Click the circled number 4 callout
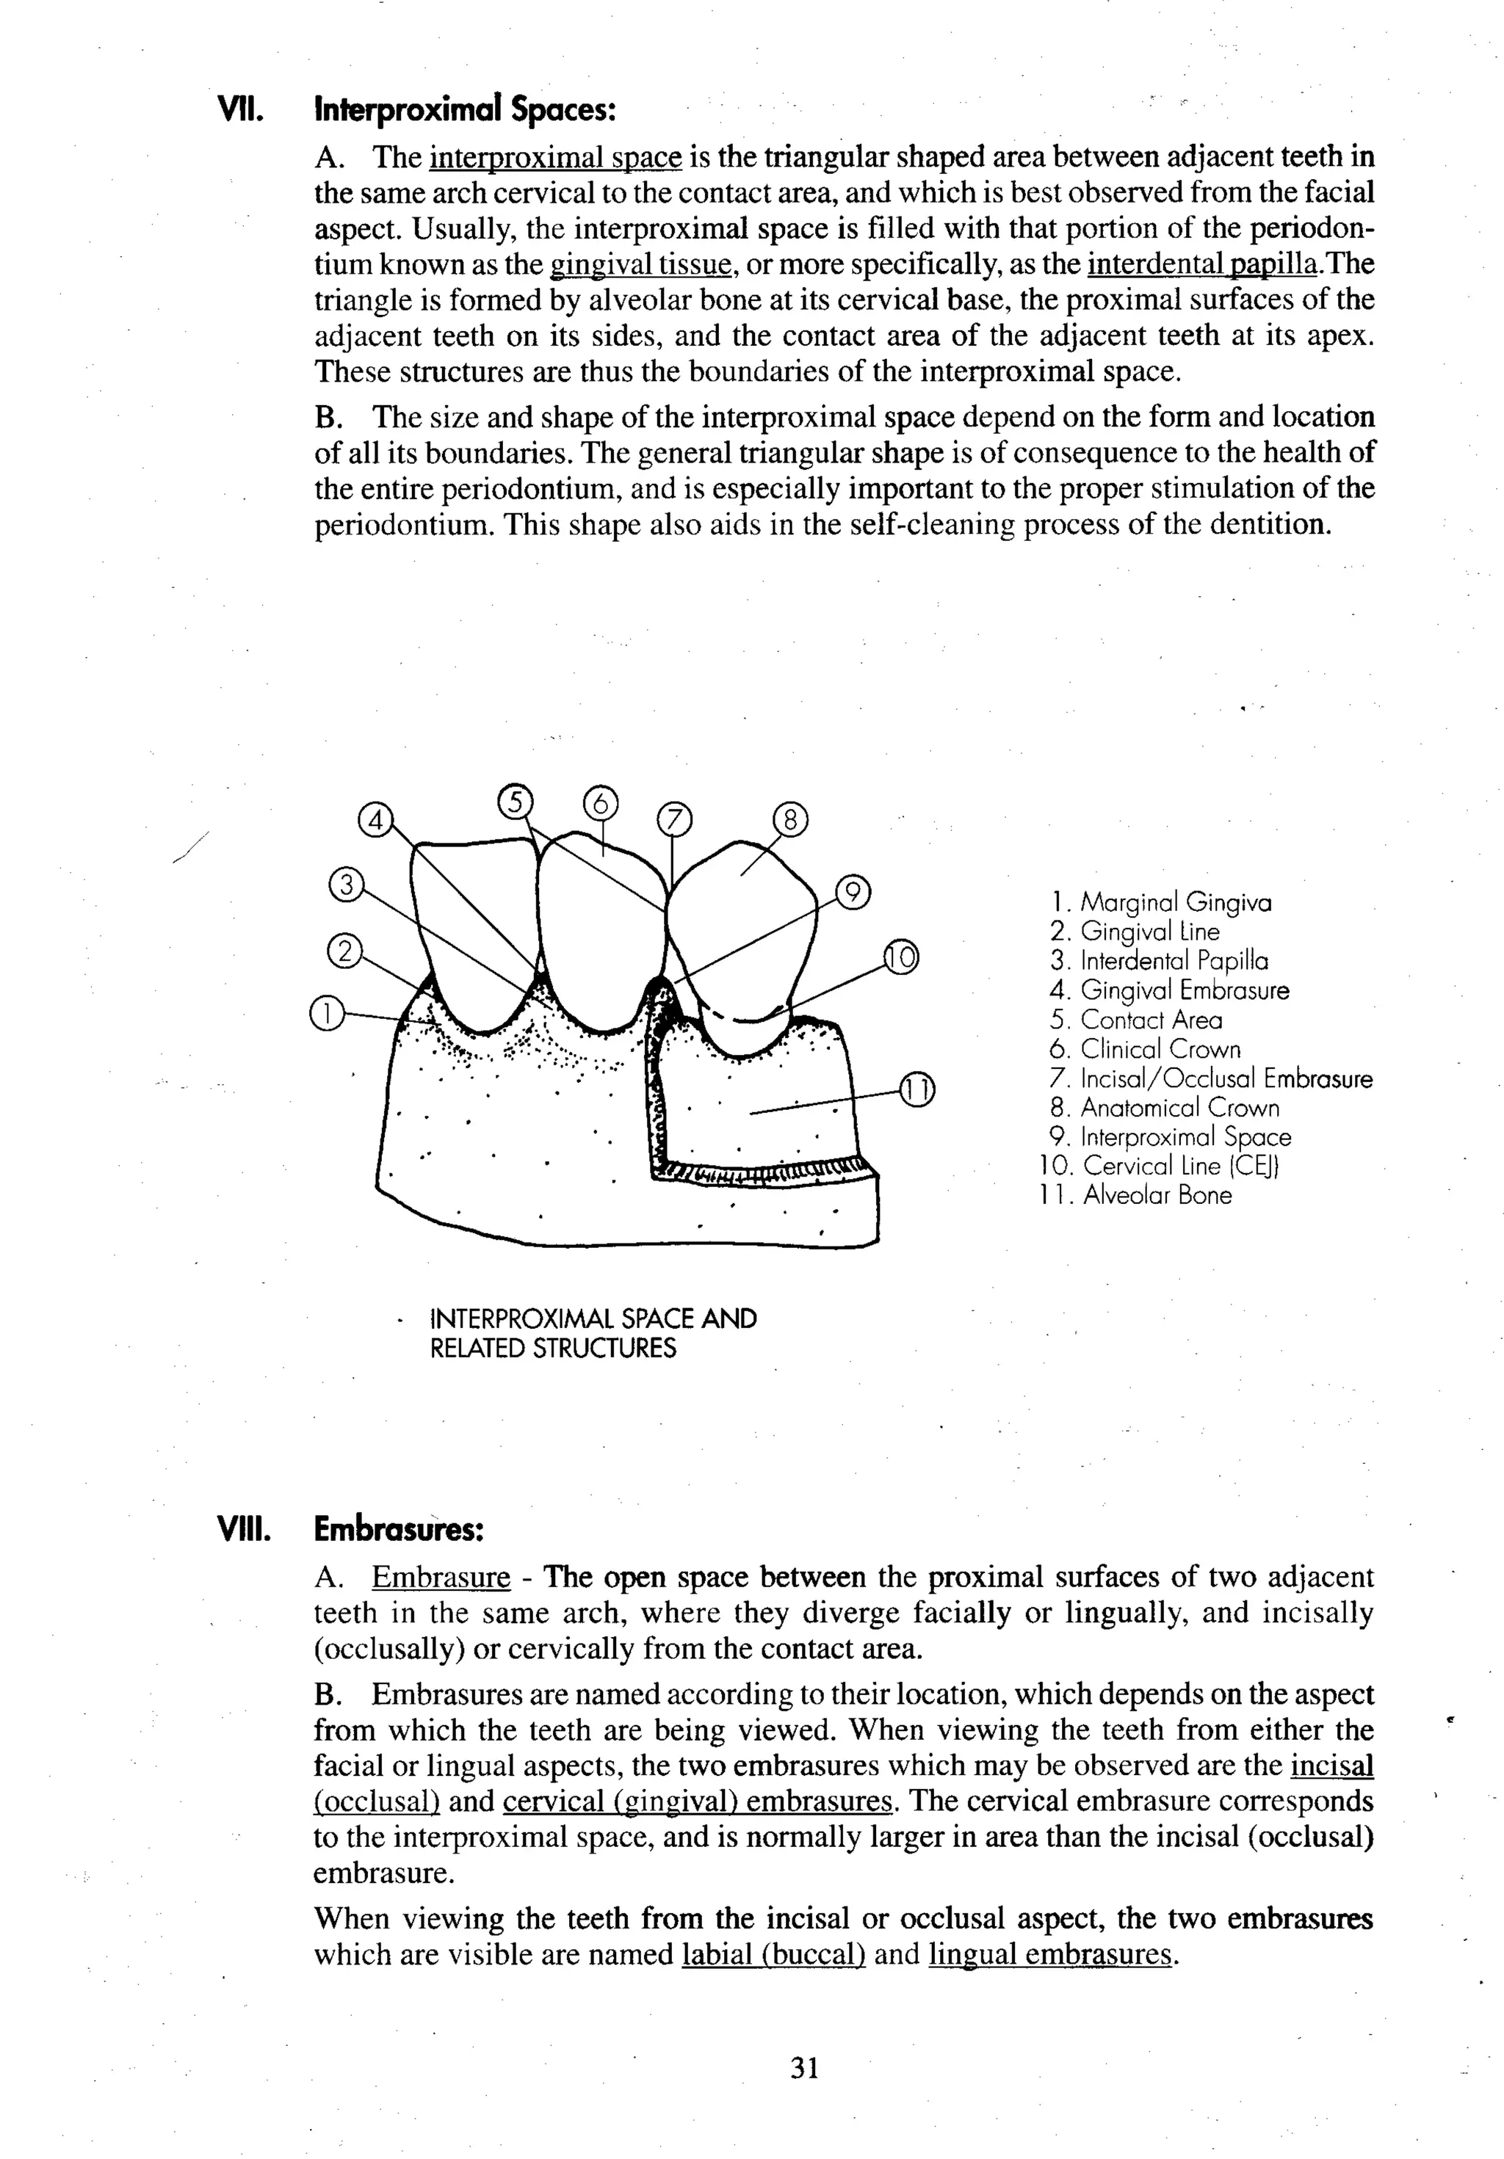(375, 821)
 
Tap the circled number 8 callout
(790, 820)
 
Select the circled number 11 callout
(917, 1090)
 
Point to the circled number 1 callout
(325, 1014)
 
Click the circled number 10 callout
(900, 957)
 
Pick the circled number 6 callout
(602, 804)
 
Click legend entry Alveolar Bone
(1157, 1195)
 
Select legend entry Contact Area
(1151, 1020)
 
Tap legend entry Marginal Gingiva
(1176, 903)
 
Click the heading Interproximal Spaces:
(465, 110)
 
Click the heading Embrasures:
(399, 1529)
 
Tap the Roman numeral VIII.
(244, 1530)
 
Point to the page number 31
(804, 2068)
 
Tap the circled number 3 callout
(346, 885)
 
